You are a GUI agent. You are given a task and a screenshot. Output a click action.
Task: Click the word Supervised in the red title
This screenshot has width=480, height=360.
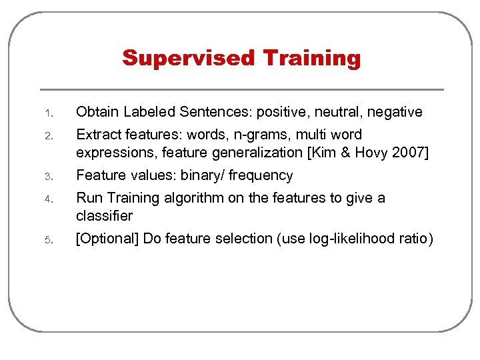point(189,58)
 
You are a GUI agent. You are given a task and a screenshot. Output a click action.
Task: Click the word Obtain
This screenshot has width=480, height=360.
point(97,112)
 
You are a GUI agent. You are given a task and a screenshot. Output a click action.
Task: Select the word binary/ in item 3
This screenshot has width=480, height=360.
point(203,176)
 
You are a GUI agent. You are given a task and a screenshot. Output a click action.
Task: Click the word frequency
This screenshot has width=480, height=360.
point(261,176)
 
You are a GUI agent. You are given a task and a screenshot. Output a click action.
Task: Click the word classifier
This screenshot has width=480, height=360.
point(105,216)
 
